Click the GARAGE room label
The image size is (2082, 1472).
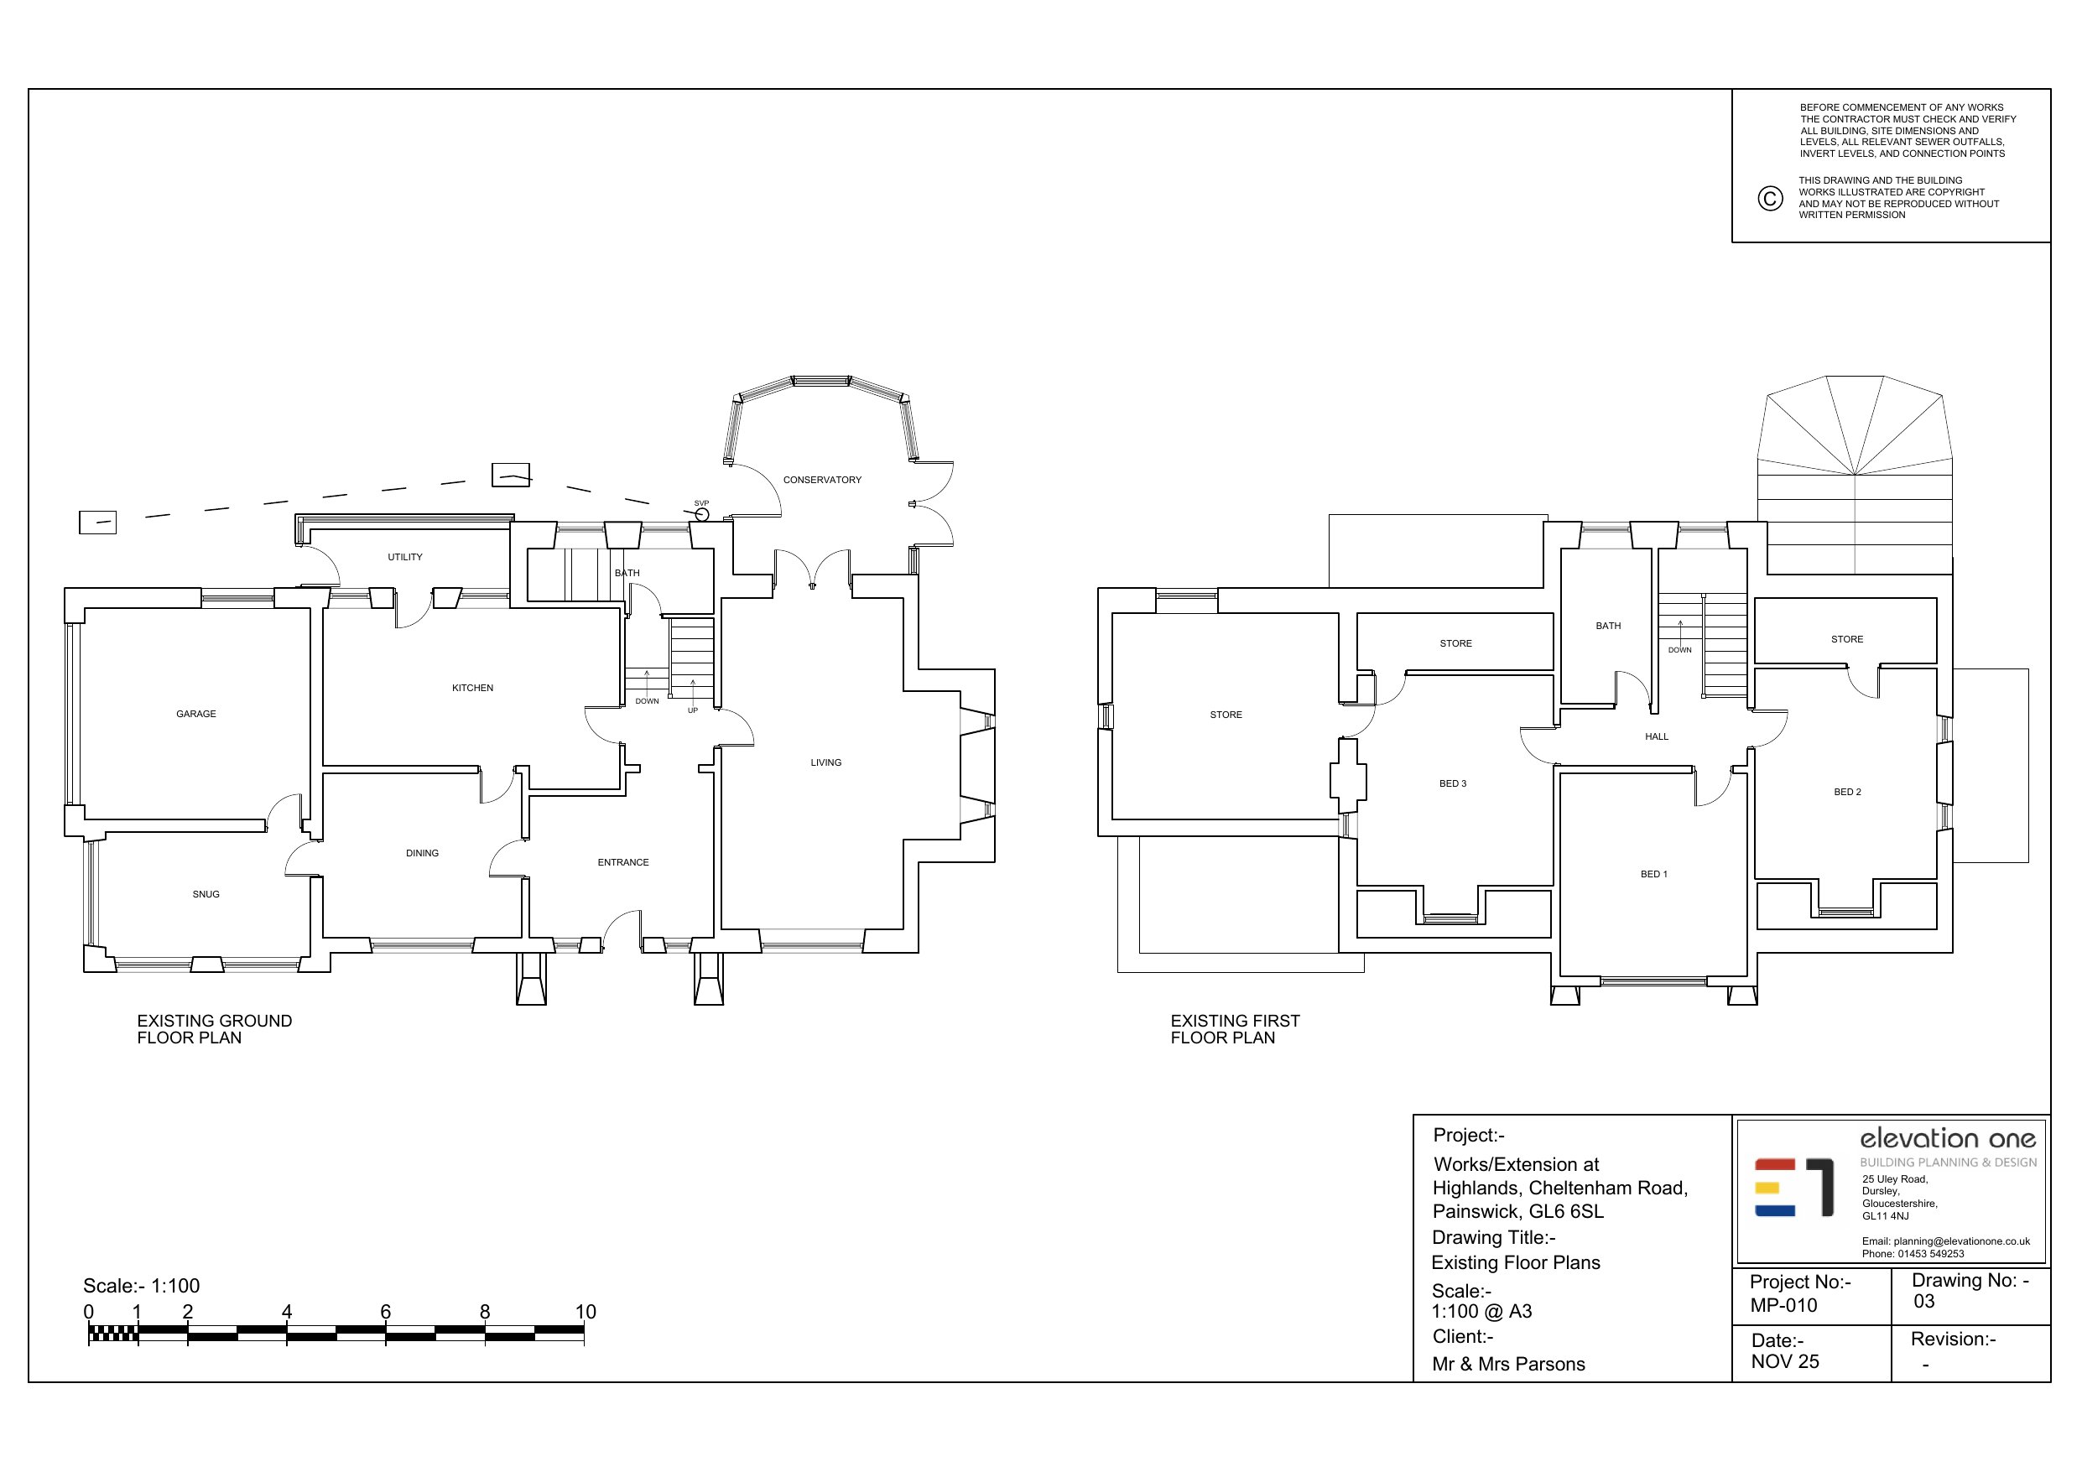click(195, 714)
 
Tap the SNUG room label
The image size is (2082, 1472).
click(206, 894)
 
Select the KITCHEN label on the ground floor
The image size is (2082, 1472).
click(472, 688)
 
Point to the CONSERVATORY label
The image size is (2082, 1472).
click(822, 480)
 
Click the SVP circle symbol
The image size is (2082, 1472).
click(701, 514)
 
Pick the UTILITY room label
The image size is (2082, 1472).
click(405, 557)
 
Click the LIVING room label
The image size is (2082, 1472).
click(826, 762)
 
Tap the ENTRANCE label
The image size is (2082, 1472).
click(623, 862)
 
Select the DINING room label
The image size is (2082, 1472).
click(423, 854)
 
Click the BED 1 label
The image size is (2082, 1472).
click(1654, 874)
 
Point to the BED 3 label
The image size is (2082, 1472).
click(1453, 783)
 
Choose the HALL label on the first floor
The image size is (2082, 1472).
click(1657, 736)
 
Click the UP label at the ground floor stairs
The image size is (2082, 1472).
click(693, 710)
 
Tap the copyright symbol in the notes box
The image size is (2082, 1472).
click(1770, 199)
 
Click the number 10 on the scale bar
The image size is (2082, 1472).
click(586, 1312)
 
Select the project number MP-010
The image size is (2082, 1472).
click(1783, 1305)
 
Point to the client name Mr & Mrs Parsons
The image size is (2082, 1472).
click(1509, 1364)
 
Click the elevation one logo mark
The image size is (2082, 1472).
click(1794, 1186)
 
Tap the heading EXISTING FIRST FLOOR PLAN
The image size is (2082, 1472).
click(1235, 1029)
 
